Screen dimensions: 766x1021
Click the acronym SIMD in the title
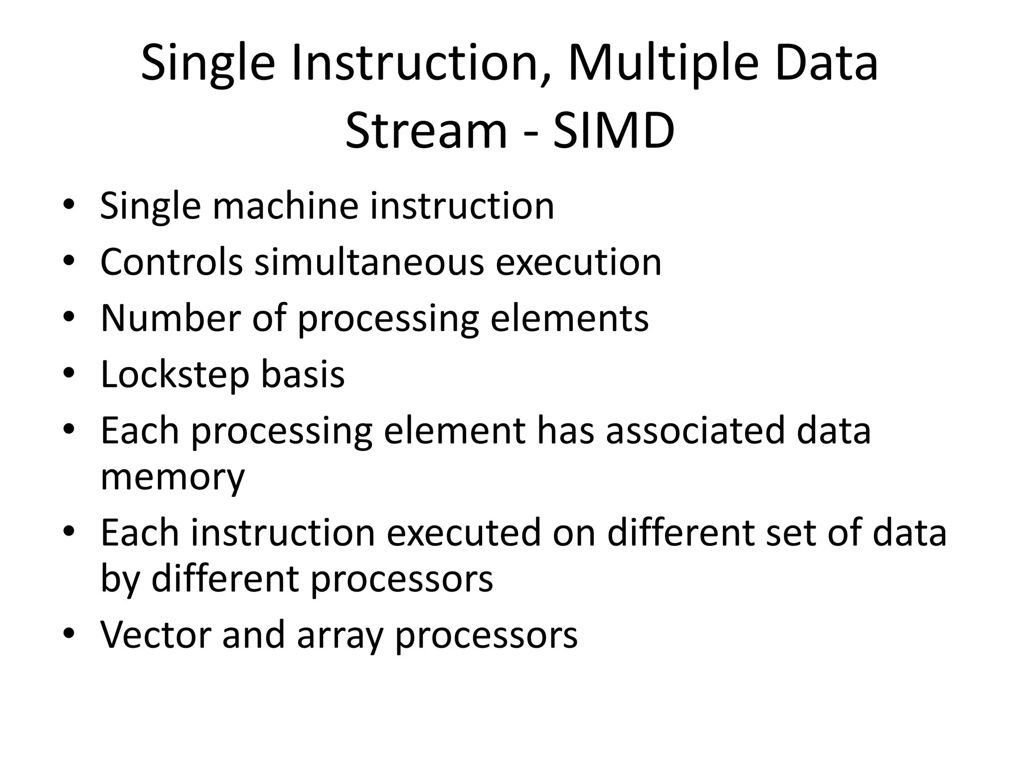point(614,131)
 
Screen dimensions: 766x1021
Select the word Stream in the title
point(426,131)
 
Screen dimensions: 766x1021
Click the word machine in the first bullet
point(285,206)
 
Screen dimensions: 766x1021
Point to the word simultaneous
point(369,262)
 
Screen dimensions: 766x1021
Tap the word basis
point(303,374)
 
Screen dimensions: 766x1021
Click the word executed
point(464,533)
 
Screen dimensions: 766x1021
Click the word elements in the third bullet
point(569,318)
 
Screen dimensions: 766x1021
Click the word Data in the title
point(826,64)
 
